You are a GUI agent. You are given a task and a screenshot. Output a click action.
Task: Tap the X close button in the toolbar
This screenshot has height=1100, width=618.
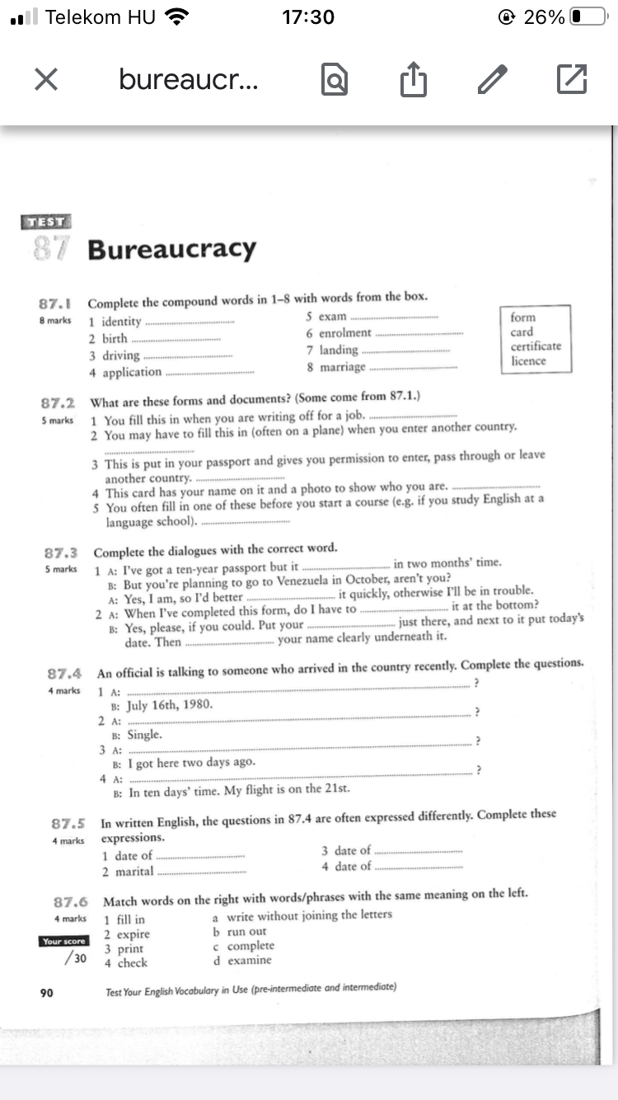click(x=46, y=79)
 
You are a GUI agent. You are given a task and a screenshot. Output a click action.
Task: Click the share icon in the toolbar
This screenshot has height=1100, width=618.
click(x=413, y=80)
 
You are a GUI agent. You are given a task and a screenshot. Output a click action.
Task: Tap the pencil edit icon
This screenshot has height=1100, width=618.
click(x=493, y=79)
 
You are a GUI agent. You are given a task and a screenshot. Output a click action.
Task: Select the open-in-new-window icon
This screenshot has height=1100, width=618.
click(x=572, y=79)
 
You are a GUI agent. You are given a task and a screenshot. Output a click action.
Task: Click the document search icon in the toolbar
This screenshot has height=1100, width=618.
click(x=335, y=80)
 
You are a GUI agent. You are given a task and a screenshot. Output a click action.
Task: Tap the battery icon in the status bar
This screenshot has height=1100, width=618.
click(x=588, y=17)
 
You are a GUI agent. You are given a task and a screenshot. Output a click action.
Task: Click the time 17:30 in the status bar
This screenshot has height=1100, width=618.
click(x=308, y=17)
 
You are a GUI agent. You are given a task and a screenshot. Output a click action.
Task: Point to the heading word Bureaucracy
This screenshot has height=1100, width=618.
click(x=172, y=249)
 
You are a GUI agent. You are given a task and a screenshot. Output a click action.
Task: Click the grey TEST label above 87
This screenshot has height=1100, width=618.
click(x=47, y=221)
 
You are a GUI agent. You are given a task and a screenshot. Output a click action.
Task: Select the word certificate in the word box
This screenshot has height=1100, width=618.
click(x=536, y=346)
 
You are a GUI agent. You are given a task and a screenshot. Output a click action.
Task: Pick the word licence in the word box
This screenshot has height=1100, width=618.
click(x=528, y=360)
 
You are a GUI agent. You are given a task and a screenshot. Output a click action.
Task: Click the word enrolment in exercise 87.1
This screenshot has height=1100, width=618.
click(x=345, y=333)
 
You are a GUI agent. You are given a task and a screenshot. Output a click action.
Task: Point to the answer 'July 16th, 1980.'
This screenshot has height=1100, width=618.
click(x=170, y=705)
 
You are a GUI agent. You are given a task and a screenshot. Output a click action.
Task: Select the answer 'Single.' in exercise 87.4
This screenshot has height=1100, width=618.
click(x=144, y=734)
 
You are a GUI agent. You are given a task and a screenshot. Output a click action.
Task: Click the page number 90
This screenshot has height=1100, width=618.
click(x=47, y=993)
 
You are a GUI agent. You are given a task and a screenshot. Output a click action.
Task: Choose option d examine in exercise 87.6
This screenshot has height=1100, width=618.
click(x=242, y=960)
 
